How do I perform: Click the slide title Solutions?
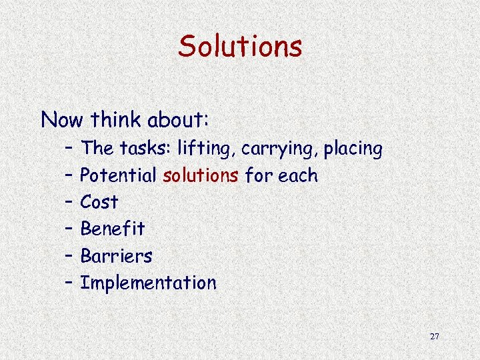(240, 47)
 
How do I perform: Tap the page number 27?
(435, 336)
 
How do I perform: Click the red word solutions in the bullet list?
(200, 176)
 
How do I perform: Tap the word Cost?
(99, 202)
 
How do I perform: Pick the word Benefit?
(112, 229)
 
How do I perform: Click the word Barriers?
(116, 256)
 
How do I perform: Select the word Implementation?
(148, 283)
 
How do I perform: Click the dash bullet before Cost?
(70, 202)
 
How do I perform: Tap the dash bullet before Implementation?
(70, 283)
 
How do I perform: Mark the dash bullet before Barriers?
(70, 256)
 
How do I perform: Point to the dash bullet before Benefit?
(70, 229)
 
